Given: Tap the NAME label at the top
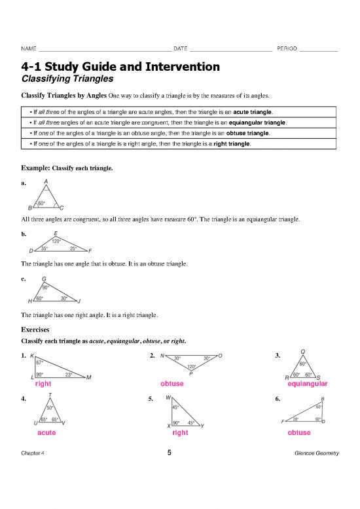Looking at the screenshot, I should click(x=29, y=49).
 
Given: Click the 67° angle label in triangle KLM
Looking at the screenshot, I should click(x=40, y=362).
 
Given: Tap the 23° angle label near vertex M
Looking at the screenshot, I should click(x=69, y=374).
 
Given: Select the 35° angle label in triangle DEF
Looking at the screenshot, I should click(x=44, y=248).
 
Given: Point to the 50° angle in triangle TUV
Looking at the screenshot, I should click(x=50, y=407).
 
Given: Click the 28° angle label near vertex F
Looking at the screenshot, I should click(x=296, y=420).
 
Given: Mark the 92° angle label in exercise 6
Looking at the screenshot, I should click(x=319, y=420).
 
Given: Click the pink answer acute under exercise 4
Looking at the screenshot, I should click(x=46, y=433).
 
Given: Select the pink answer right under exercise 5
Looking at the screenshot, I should click(x=180, y=433).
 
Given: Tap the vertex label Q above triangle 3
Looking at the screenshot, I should click(x=302, y=351).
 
